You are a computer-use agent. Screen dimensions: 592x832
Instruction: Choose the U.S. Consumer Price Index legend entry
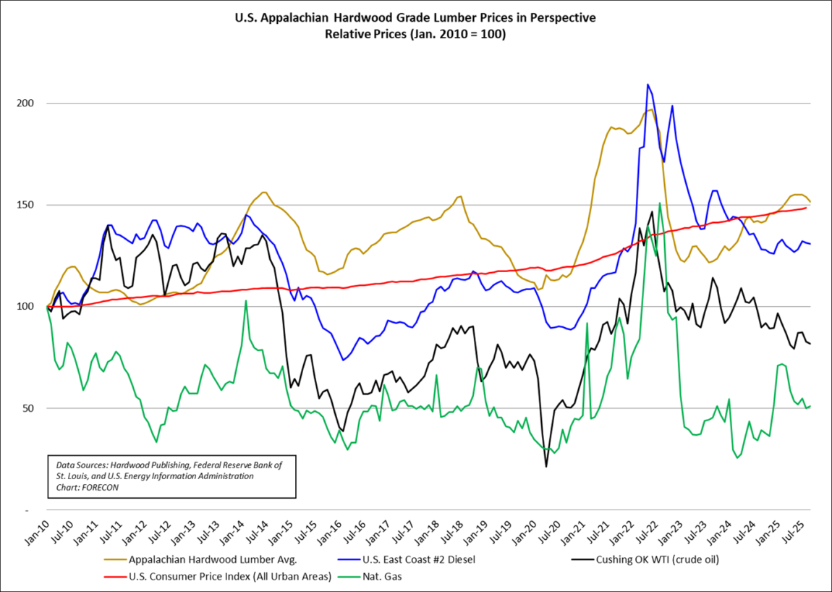pyautogui.click(x=230, y=577)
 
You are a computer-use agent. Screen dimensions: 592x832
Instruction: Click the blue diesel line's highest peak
pyautogui.click(x=648, y=85)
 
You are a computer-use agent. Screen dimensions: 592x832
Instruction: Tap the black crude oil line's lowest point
pyautogui.click(x=546, y=467)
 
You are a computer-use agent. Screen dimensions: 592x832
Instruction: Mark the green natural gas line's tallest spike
pyautogui.click(x=660, y=203)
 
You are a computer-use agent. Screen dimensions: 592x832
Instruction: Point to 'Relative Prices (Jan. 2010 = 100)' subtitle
pyautogui.click(x=415, y=34)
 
